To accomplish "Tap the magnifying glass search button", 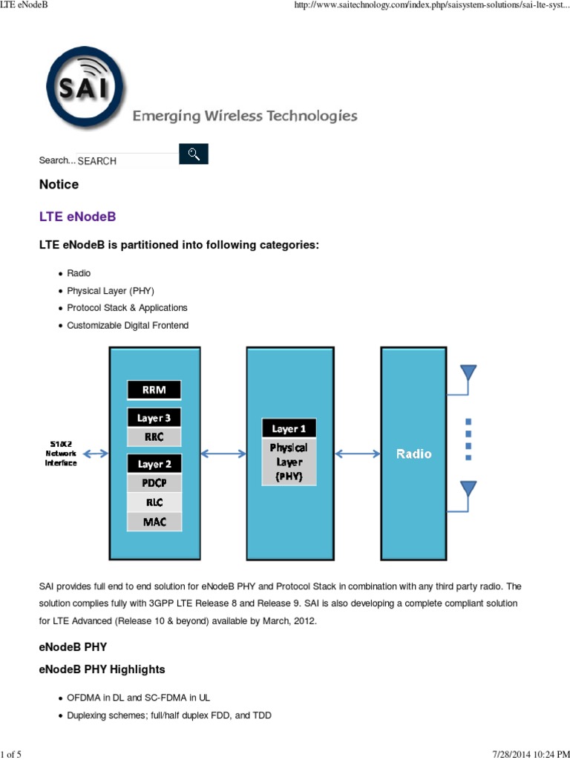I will (194, 154).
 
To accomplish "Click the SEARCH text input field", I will (127, 161).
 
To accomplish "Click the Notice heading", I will (59, 184).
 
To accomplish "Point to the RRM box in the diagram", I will (154, 390).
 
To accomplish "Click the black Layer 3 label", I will (154, 418).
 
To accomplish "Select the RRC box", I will (154, 436).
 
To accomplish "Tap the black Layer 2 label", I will (154, 464).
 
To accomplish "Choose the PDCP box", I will (154, 483).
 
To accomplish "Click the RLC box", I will (154, 502).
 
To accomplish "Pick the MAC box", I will (154, 522).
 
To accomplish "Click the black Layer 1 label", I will (289, 428).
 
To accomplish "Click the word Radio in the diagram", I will (413, 453).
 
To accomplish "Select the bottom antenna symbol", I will (468, 490).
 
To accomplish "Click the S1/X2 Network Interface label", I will (61, 453).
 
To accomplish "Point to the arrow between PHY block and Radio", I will (358, 453).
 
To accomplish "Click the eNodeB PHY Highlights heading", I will (102, 669).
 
